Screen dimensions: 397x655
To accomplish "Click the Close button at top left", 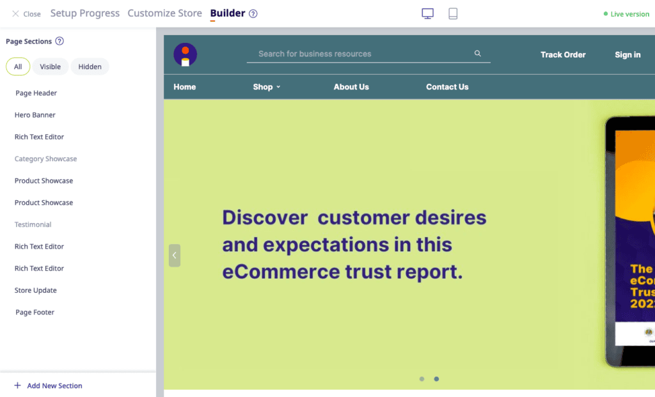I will (26, 14).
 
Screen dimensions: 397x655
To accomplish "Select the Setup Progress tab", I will (84, 13).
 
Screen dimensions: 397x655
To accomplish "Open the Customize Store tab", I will (164, 13).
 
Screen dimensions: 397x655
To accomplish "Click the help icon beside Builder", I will (253, 14).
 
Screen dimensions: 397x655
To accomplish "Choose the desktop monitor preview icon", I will (427, 13).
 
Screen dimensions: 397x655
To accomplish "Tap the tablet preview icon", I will (453, 13).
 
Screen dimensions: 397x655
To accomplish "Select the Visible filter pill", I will (50, 66).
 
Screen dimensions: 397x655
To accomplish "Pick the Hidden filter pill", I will (90, 66).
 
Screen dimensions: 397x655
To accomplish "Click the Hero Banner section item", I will (35, 115).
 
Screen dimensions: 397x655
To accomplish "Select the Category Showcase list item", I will (45, 159).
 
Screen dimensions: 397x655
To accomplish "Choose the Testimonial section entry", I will (33, 224).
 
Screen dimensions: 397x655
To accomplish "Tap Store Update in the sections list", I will (36, 290).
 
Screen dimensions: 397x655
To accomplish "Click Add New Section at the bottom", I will (49, 385).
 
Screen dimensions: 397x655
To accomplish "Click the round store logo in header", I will (185, 54).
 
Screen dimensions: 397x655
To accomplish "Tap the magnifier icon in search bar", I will (477, 54).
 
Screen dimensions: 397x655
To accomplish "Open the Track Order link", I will (563, 55).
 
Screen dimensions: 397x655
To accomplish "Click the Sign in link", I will (627, 55).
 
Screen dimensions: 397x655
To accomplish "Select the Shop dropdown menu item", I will (266, 87).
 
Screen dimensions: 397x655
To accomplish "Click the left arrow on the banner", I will (175, 255).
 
